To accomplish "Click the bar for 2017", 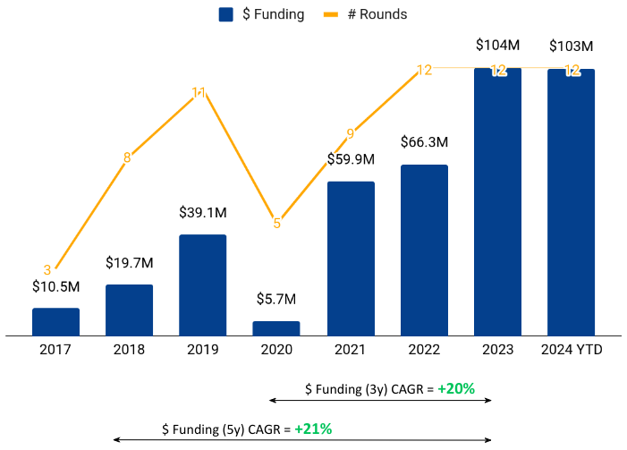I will (55, 322).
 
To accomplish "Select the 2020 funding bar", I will (276, 328).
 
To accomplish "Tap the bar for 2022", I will (424, 250).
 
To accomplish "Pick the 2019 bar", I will (203, 284).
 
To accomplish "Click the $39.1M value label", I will (203, 213).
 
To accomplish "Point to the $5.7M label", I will (276, 299).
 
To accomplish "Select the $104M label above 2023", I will (497, 46).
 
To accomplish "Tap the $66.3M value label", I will (424, 142).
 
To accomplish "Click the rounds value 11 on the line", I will (199, 92).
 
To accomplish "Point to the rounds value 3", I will (47, 269).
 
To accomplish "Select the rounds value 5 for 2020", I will (276, 224).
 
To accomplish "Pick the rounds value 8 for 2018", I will (127, 157).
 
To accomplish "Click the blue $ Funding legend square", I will (226, 14).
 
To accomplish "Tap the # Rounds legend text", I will (377, 14).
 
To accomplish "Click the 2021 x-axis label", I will (350, 350).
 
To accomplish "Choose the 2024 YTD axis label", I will (572, 350).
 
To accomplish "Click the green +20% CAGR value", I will (456, 389).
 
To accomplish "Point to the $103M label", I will (571, 46).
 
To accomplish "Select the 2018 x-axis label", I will (130, 350).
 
